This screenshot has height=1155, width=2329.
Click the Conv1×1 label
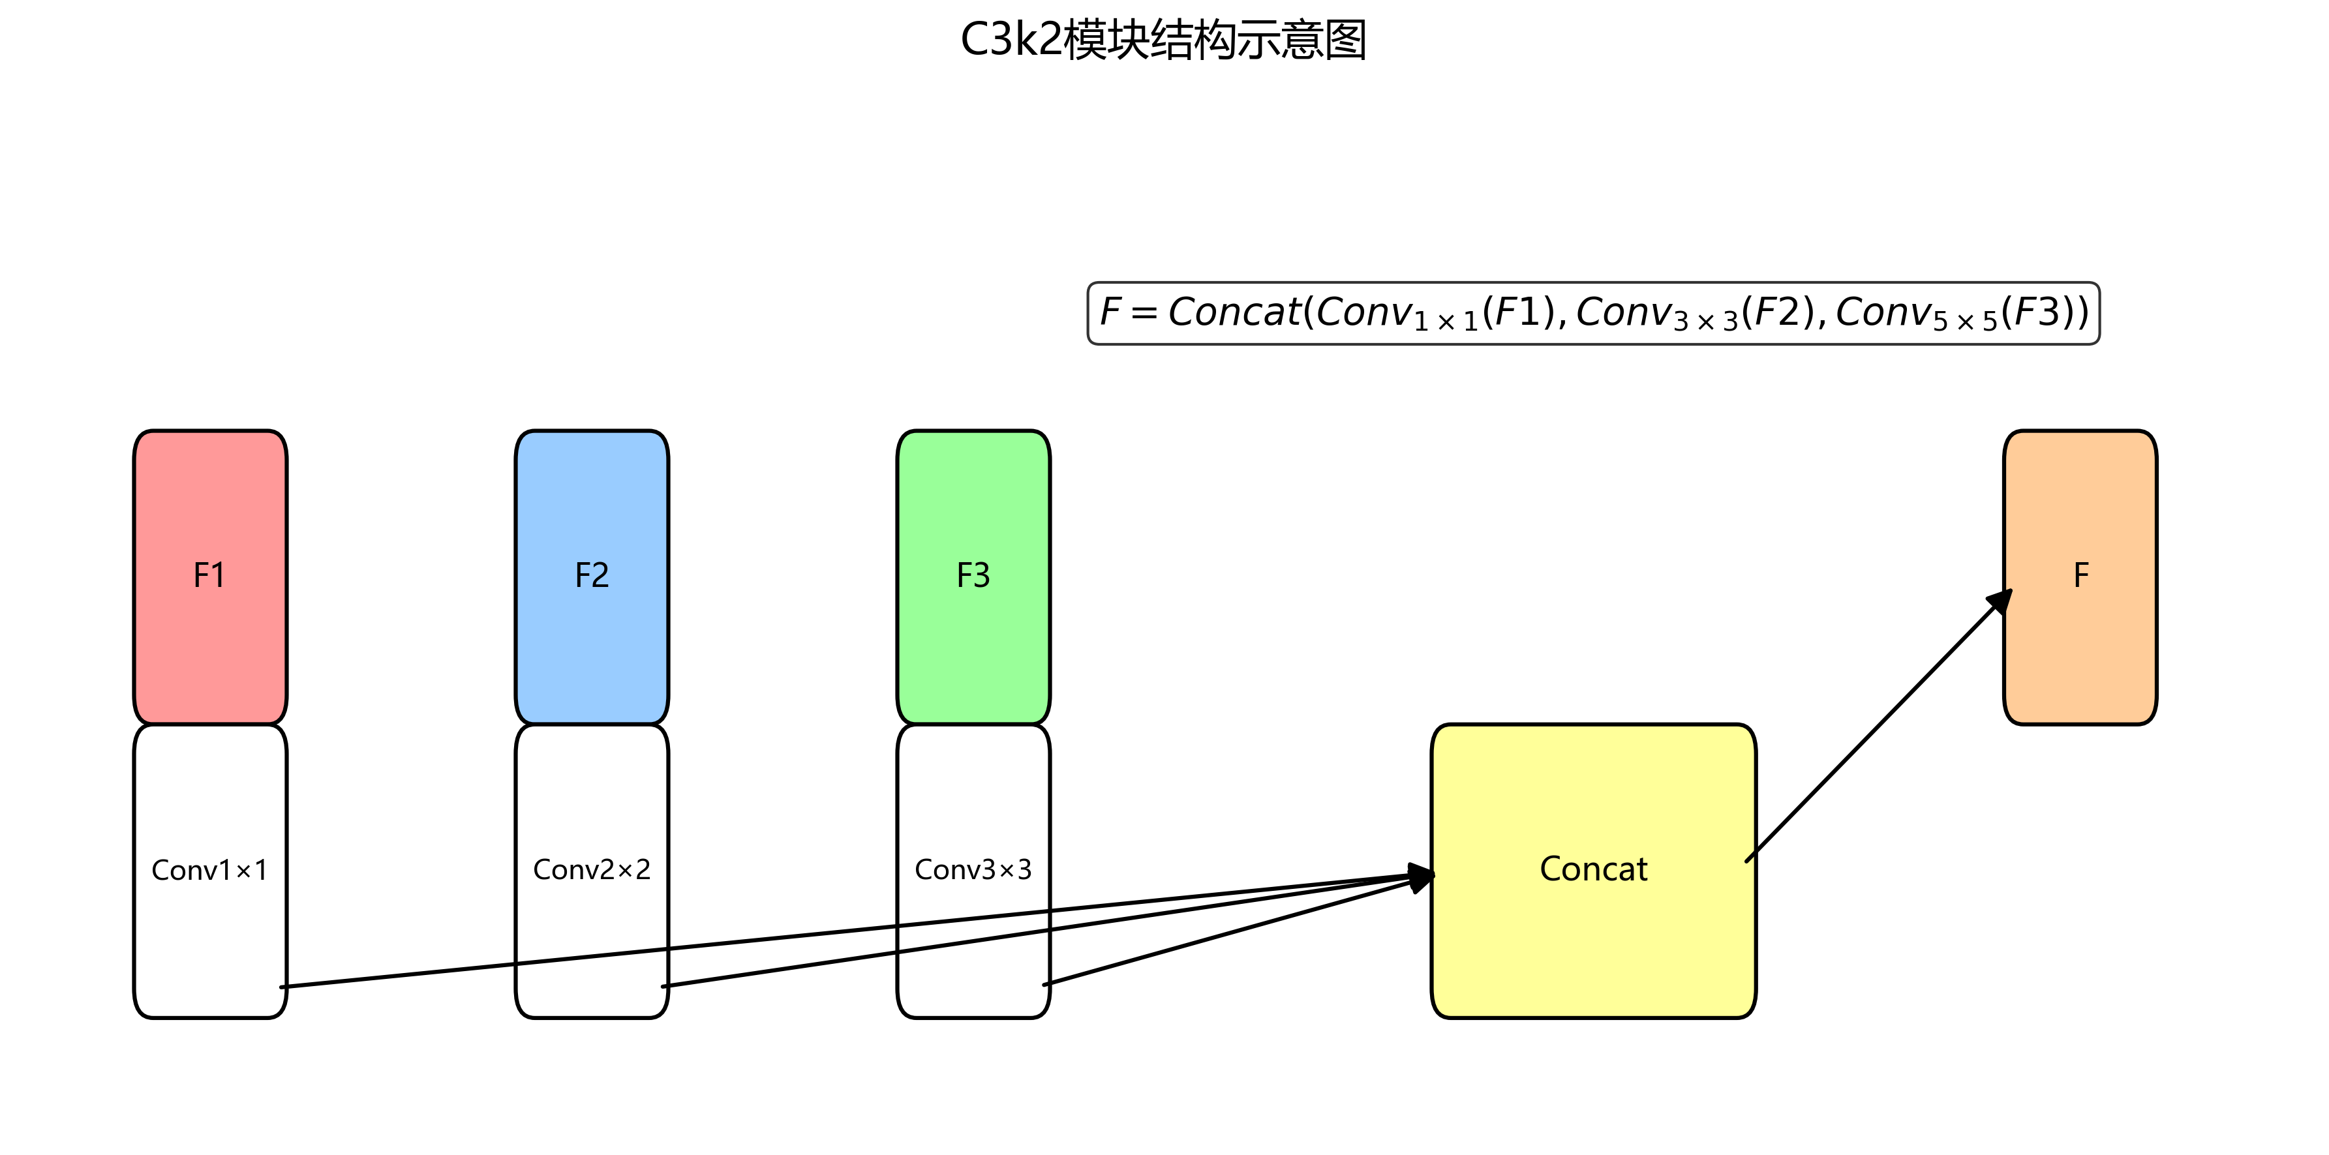[210, 869]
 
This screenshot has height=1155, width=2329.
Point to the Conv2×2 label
[591, 869]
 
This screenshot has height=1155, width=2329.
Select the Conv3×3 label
[973, 869]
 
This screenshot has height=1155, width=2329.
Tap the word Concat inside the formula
[1234, 312]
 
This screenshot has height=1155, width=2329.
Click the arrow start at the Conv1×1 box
[283, 986]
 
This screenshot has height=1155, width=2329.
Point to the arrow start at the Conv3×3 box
[1046, 984]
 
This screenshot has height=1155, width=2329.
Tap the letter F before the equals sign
[1110, 312]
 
